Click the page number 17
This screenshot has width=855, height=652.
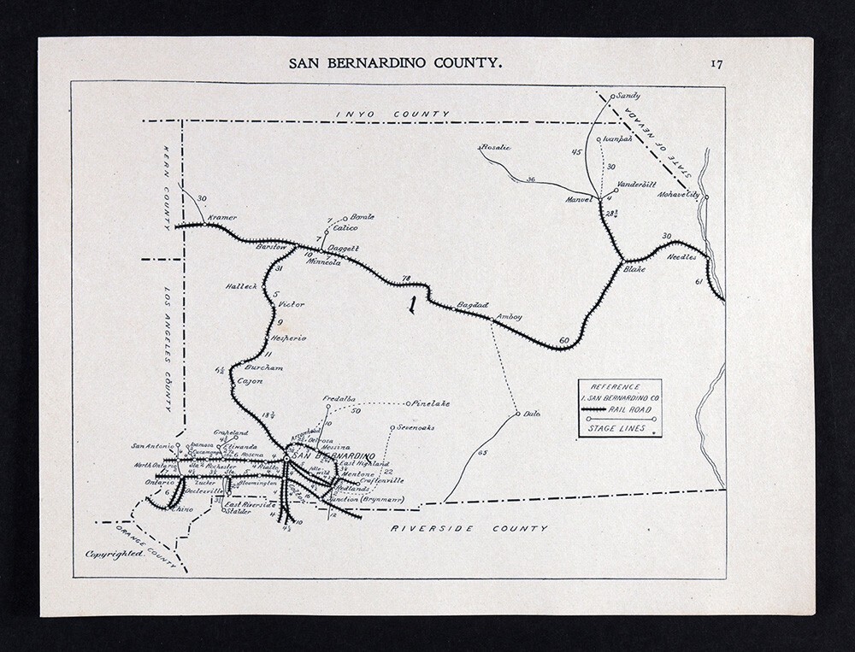pyautogui.click(x=716, y=62)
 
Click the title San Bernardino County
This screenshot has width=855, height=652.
pyautogui.click(x=396, y=62)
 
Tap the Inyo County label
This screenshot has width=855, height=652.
pyautogui.click(x=392, y=114)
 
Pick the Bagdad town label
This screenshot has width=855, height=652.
pyautogui.click(x=472, y=304)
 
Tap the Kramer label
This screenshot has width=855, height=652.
pyautogui.click(x=220, y=218)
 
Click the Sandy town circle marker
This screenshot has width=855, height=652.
pyautogui.click(x=613, y=96)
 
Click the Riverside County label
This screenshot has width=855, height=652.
pyautogui.click(x=469, y=529)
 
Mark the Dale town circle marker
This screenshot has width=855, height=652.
pyautogui.click(x=518, y=415)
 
